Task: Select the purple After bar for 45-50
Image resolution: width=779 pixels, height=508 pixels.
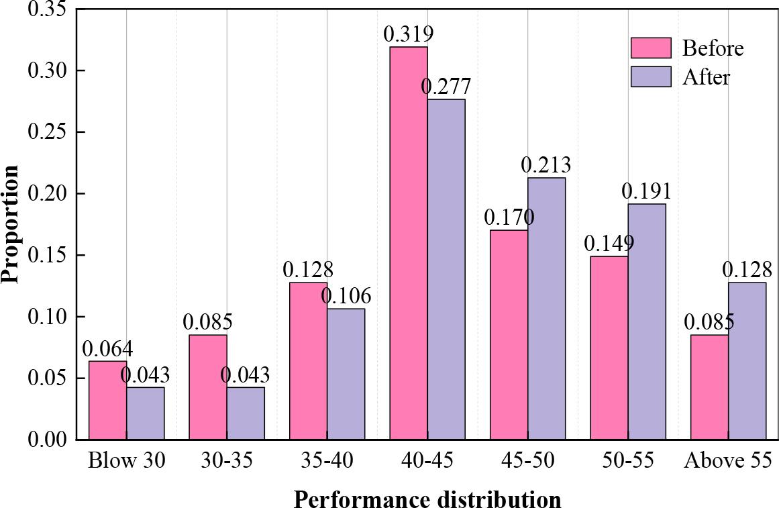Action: pos(546,309)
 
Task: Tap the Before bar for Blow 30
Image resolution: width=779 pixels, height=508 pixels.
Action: pos(107,400)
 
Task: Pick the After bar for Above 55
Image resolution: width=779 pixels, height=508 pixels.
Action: pos(747,361)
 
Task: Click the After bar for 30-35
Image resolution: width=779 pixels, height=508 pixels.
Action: pos(246,413)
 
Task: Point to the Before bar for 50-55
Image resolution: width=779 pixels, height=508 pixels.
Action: pos(609,348)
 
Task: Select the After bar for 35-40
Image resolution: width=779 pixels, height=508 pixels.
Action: pos(346,374)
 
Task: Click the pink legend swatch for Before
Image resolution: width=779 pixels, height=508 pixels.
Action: pos(651,48)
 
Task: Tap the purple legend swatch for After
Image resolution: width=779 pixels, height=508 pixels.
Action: pos(651,77)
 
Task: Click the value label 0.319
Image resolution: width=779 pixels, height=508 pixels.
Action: pos(408,34)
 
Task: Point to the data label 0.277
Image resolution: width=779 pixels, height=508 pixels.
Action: pos(446,87)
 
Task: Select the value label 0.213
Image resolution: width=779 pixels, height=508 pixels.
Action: pos(546,165)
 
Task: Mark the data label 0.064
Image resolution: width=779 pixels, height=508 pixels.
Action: pos(107,349)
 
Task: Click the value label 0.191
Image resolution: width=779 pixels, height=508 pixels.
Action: pos(646,191)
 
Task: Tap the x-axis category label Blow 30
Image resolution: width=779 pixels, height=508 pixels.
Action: pos(126,460)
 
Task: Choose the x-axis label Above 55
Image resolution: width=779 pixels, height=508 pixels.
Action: pos(728,460)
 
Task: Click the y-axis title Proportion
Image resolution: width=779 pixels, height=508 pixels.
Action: pos(11,225)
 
